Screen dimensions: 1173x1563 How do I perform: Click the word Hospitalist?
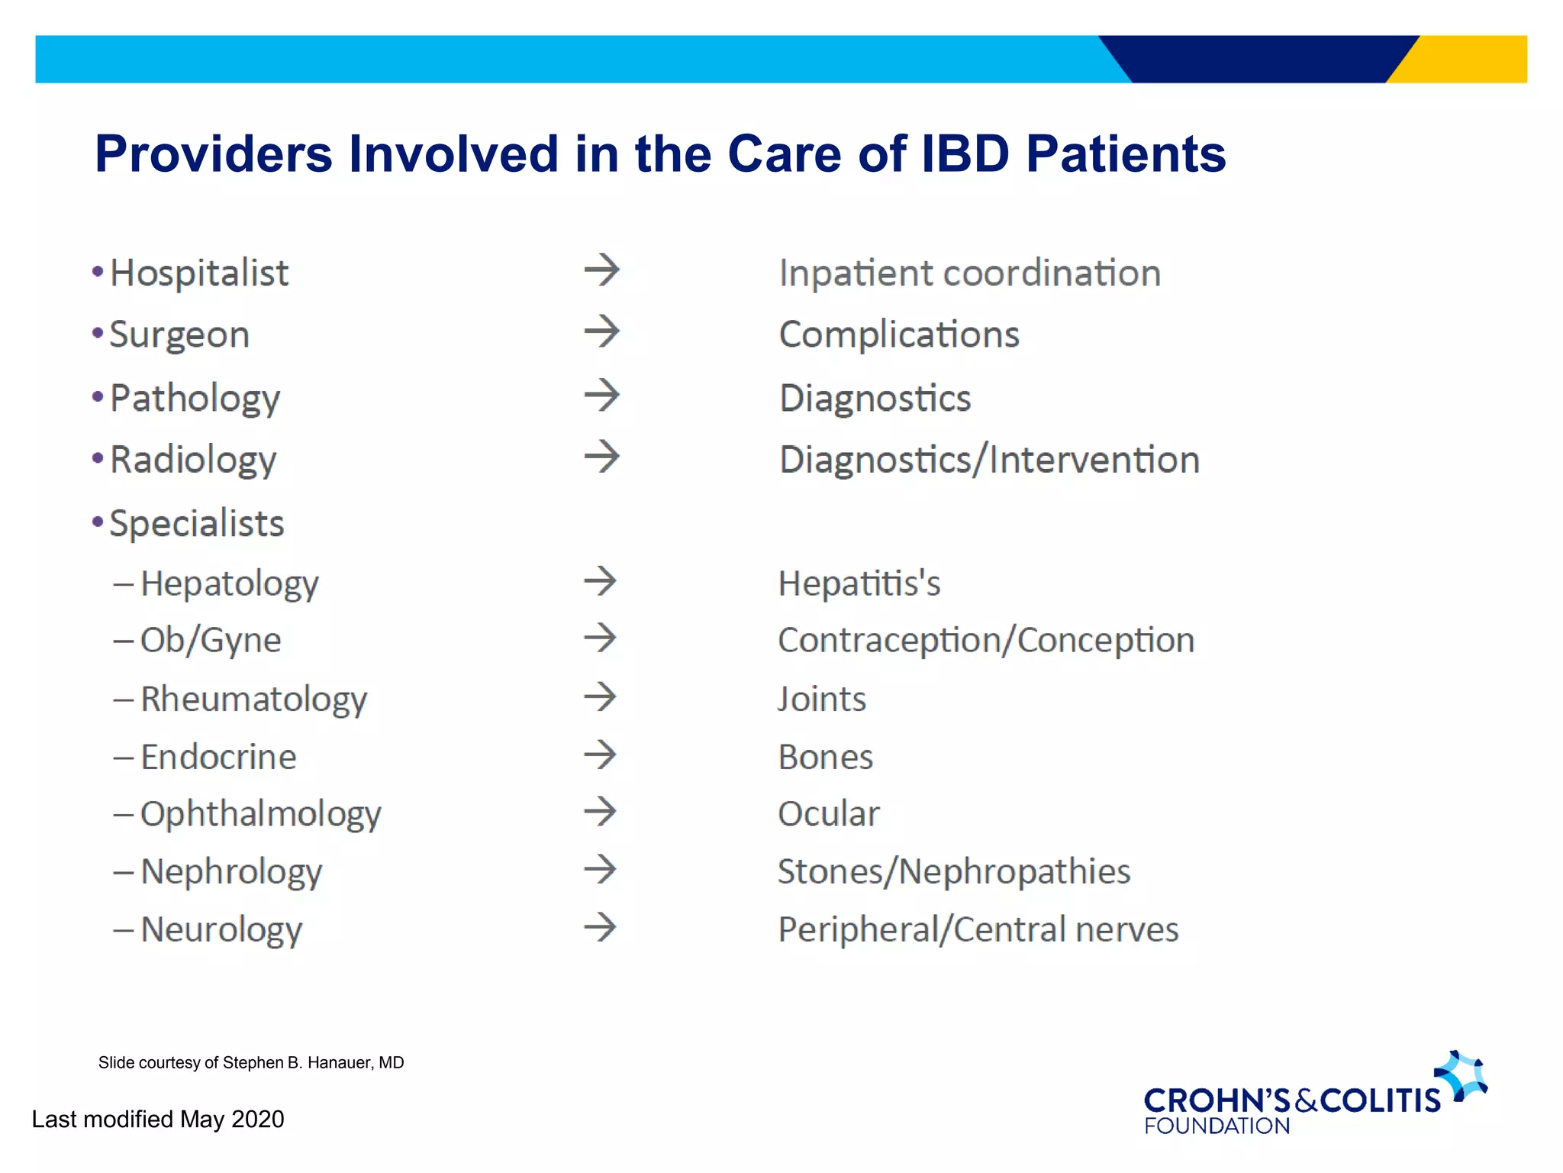(x=198, y=273)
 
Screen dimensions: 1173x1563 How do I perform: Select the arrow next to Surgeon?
(x=601, y=332)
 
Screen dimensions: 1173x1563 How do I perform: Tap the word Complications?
(x=898, y=335)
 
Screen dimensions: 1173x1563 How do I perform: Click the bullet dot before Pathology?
(x=98, y=396)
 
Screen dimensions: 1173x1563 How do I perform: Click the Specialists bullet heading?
(x=196, y=524)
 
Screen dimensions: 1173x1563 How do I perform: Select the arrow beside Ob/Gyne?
(x=600, y=638)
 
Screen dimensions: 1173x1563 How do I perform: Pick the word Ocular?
(x=828, y=814)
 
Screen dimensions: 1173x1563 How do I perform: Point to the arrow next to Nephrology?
(x=600, y=869)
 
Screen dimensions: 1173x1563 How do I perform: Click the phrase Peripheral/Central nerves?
(x=978, y=930)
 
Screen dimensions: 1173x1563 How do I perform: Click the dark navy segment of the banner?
(x=1259, y=59)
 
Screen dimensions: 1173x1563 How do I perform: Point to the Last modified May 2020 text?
(x=158, y=1120)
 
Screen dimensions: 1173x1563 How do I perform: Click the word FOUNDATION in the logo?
(x=1217, y=1126)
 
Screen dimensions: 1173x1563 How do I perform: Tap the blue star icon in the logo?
(x=1461, y=1075)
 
